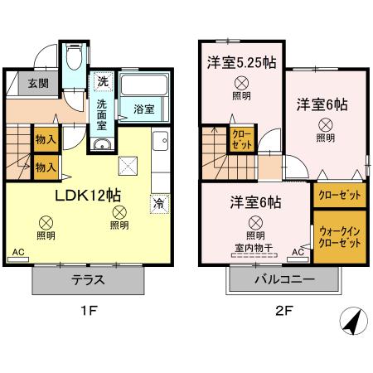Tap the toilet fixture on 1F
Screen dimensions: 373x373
(x=74, y=58)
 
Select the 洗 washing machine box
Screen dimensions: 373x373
(x=102, y=81)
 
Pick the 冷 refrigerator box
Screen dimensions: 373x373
(x=157, y=202)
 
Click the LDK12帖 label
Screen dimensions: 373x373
(x=88, y=196)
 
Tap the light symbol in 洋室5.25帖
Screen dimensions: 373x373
(x=240, y=82)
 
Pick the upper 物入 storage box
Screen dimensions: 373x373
(x=46, y=140)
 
